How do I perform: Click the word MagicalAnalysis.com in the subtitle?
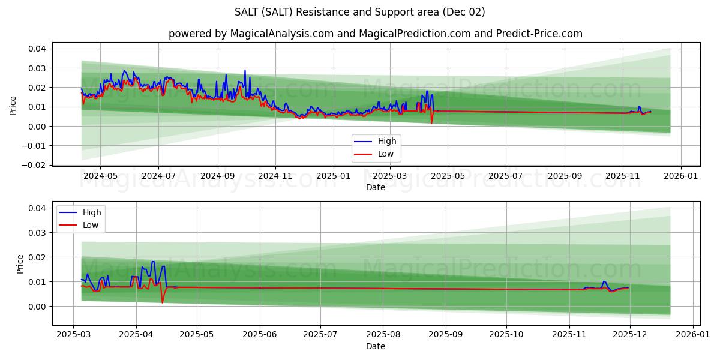pyautogui.click(x=281, y=34)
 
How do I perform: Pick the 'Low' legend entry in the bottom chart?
pyautogui.click(x=91, y=225)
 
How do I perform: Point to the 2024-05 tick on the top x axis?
pyautogui.click(x=100, y=176)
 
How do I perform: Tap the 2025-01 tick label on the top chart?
pyautogui.click(x=332, y=176)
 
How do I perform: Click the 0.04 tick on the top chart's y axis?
pyautogui.click(x=38, y=49)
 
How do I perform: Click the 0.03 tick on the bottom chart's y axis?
pyautogui.click(x=38, y=233)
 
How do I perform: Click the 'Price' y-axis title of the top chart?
pyautogui.click(x=13, y=106)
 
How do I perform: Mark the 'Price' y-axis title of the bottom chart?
pyautogui.click(x=20, y=264)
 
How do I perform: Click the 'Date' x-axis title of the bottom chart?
pyautogui.click(x=375, y=346)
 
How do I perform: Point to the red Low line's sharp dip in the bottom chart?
pyautogui.click(x=162, y=302)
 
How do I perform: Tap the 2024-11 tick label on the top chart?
pyautogui.click(x=275, y=176)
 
